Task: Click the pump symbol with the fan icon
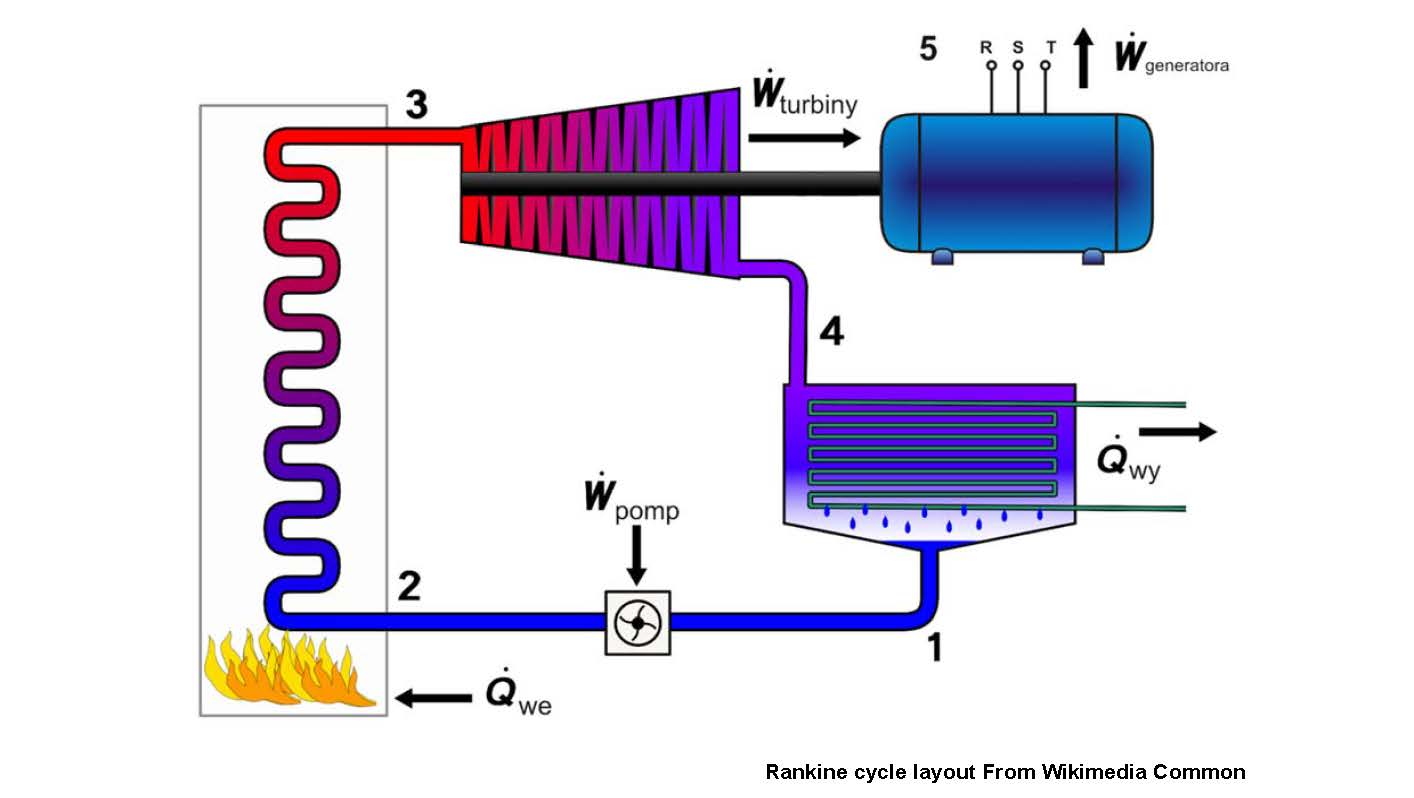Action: [x=637, y=623]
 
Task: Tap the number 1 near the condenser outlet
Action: [x=935, y=648]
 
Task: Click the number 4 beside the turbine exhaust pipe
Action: [x=831, y=331]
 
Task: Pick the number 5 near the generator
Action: [x=928, y=49]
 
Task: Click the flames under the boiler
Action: [x=291, y=668]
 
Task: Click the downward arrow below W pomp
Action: [x=635, y=560]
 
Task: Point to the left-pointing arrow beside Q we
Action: [x=434, y=697]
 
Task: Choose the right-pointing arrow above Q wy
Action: [x=1177, y=432]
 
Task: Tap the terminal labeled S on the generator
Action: [x=1018, y=64]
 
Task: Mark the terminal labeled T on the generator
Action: [x=1046, y=64]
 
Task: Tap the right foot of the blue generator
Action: [x=1092, y=257]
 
